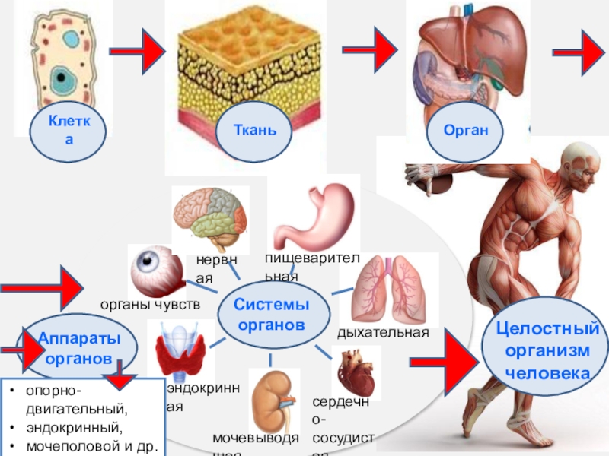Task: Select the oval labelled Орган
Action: click(465, 130)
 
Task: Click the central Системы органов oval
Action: click(273, 314)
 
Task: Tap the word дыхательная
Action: click(384, 333)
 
